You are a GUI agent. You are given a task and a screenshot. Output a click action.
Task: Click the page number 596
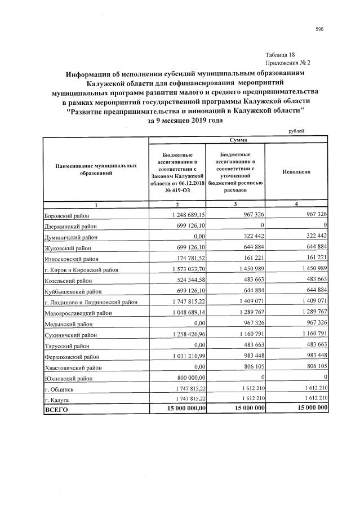(x=319, y=29)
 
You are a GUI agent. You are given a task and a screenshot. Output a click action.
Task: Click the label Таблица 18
(x=279, y=55)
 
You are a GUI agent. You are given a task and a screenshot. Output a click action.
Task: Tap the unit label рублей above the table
(x=296, y=131)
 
